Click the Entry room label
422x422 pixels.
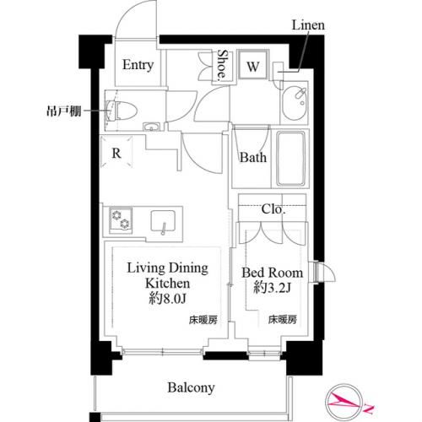pos(138,66)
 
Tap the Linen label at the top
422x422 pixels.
pos(307,26)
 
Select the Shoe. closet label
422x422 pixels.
pos(221,66)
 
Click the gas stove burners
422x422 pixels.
pos(121,219)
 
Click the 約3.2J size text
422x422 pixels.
pos(271,289)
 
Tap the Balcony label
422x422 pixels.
pos(190,388)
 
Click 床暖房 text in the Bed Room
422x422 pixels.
pos(282,320)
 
